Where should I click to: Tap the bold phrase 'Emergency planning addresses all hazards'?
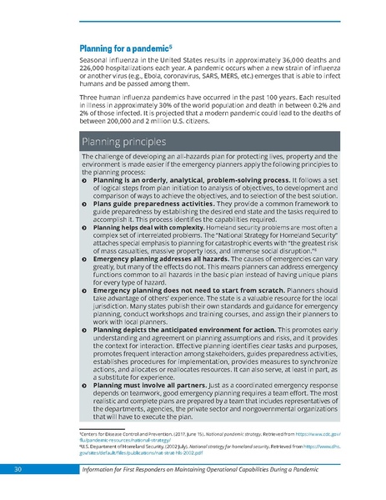(158, 259)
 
